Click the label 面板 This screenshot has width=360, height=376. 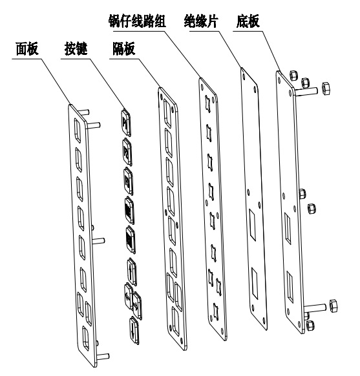tap(27, 48)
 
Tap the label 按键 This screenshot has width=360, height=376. tap(76, 48)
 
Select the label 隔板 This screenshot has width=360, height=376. tap(124, 48)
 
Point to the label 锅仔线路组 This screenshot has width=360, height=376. tap(137, 21)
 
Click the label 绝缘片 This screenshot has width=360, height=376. tap(201, 21)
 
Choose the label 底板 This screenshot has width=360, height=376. tap(248, 21)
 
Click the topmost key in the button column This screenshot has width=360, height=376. tap(126, 123)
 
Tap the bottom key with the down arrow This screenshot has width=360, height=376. tap(134, 331)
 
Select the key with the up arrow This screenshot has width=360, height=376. tap(132, 272)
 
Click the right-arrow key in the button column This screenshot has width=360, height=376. tap(137, 306)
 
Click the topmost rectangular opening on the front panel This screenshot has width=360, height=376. tap(78, 129)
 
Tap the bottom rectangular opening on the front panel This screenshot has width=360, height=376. tap(85, 338)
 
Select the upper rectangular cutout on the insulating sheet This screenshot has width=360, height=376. tap(252, 225)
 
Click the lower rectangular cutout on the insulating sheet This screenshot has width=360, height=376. tap(255, 284)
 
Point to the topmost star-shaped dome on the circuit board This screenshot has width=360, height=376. tap(207, 103)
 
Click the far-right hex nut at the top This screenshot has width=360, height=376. tap(326, 89)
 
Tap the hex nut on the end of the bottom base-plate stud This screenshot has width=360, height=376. tap(334, 306)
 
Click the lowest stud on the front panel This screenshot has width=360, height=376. tap(103, 356)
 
